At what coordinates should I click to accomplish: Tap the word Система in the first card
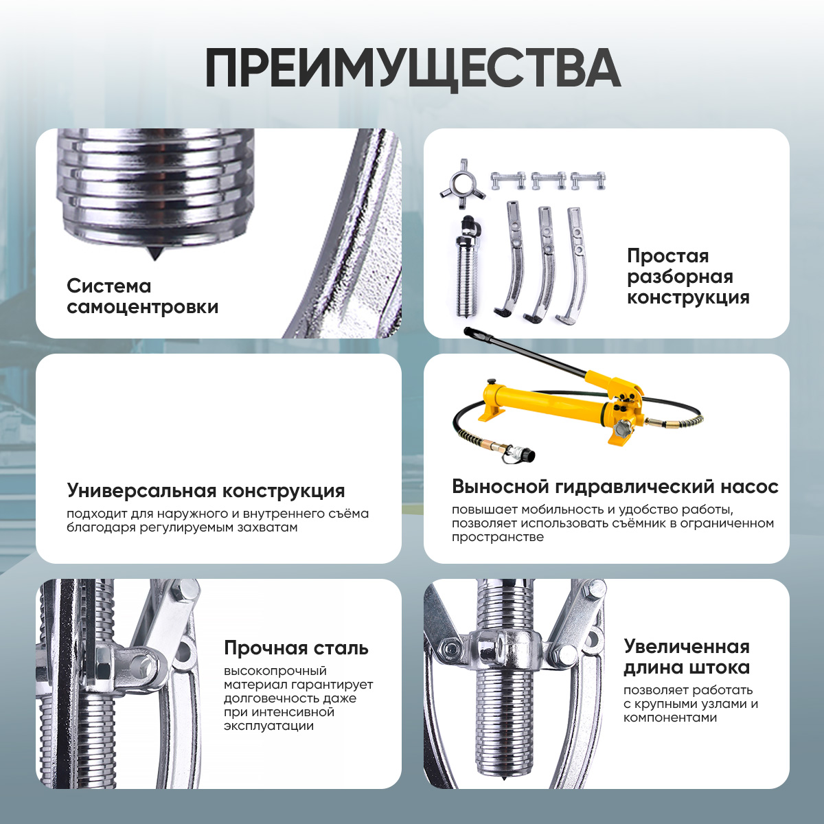click(109, 286)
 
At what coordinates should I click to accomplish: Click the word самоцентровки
click(142, 306)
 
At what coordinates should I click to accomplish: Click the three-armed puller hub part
click(463, 184)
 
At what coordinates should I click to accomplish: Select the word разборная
click(680, 277)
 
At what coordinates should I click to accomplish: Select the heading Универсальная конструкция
click(206, 490)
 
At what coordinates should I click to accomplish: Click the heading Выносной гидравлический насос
click(615, 487)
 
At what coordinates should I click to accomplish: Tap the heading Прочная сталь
click(296, 648)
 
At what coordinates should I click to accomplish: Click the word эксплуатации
click(268, 726)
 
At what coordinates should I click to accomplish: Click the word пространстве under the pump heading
click(498, 538)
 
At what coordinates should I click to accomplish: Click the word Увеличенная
click(686, 646)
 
